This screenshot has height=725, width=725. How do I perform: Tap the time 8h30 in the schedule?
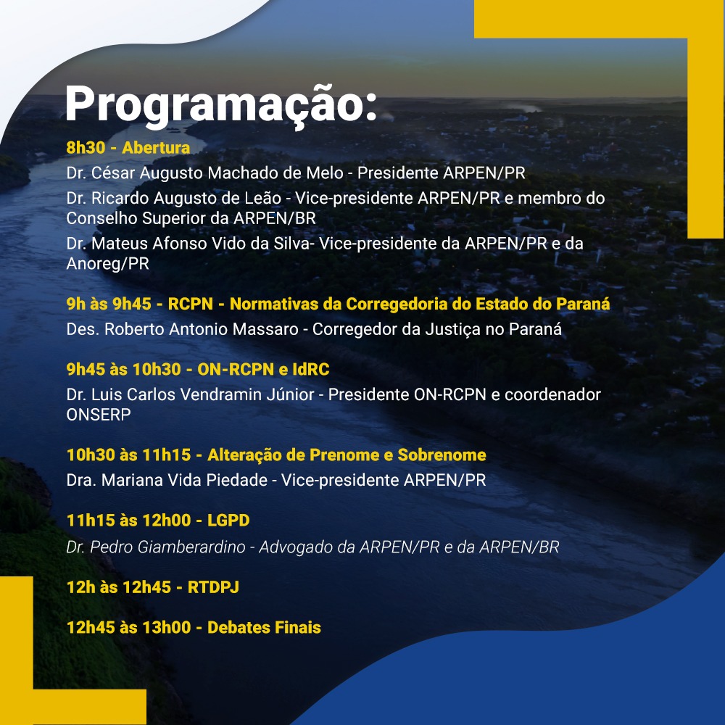tap(86, 147)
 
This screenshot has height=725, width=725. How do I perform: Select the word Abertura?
tap(157, 147)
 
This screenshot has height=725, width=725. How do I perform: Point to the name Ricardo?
tap(120, 198)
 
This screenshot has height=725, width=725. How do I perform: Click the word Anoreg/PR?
tap(108, 264)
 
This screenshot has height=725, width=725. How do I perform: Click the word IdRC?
tap(311, 370)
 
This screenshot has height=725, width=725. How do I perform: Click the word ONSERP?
tap(99, 415)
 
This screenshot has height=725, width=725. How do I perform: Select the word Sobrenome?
tap(442, 455)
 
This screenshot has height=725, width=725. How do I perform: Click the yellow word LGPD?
tap(228, 520)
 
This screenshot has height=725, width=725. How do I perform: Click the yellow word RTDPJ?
tap(213, 587)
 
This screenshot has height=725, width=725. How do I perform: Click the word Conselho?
tap(101, 218)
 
